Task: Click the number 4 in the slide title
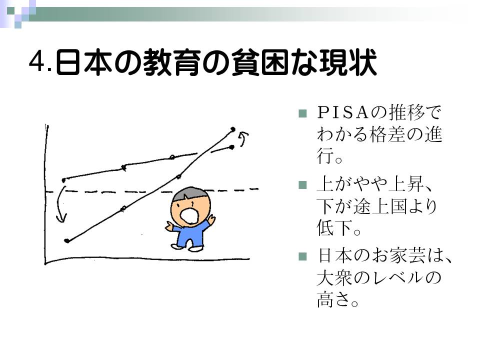click(36, 61)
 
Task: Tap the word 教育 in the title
click(172, 62)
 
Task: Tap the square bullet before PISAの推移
click(302, 113)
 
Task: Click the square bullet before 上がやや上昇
click(302, 185)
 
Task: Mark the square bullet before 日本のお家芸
click(302, 256)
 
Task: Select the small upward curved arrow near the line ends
click(244, 138)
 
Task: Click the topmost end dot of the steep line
click(233, 129)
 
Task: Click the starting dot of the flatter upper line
click(64, 180)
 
